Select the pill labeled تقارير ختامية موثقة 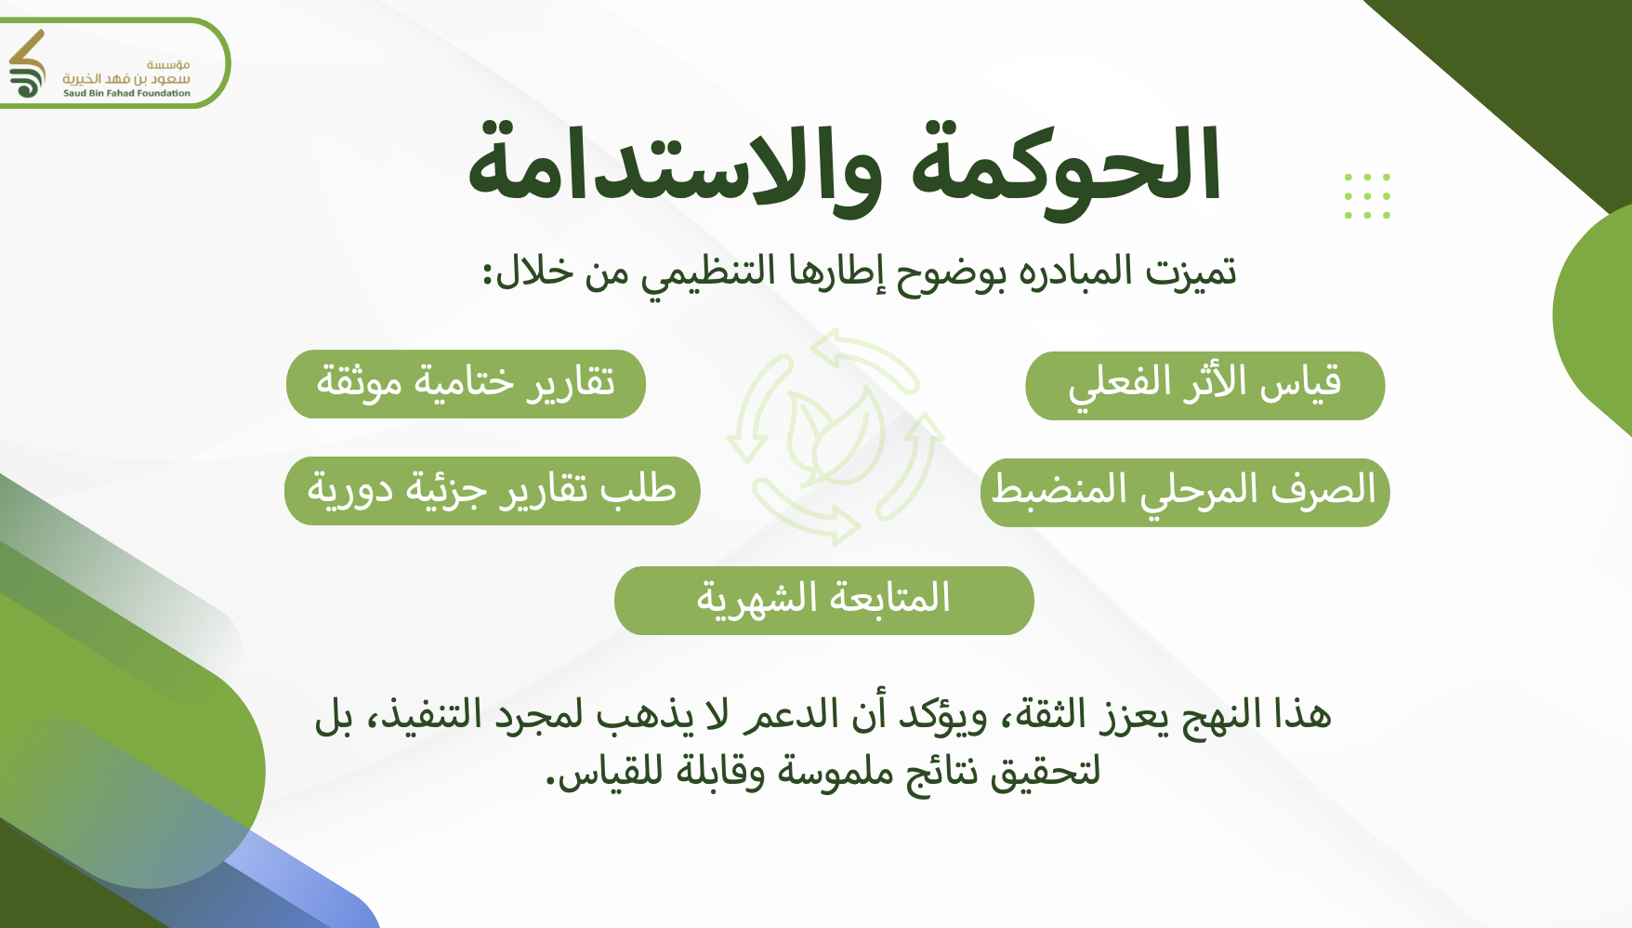pyautogui.click(x=466, y=384)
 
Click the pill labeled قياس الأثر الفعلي pyautogui.click(x=1204, y=386)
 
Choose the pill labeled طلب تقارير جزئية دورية pyautogui.click(x=492, y=491)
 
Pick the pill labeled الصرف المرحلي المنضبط pyautogui.click(x=1185, y=493)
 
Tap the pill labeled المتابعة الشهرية pyautogui.click(x=823, y=601)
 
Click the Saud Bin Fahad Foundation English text pyautogui.click(x=126, y=93)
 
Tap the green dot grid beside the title pyautogui.click(x=1367, y=196)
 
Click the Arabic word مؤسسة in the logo pyautogui.click(x=168, y=64)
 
